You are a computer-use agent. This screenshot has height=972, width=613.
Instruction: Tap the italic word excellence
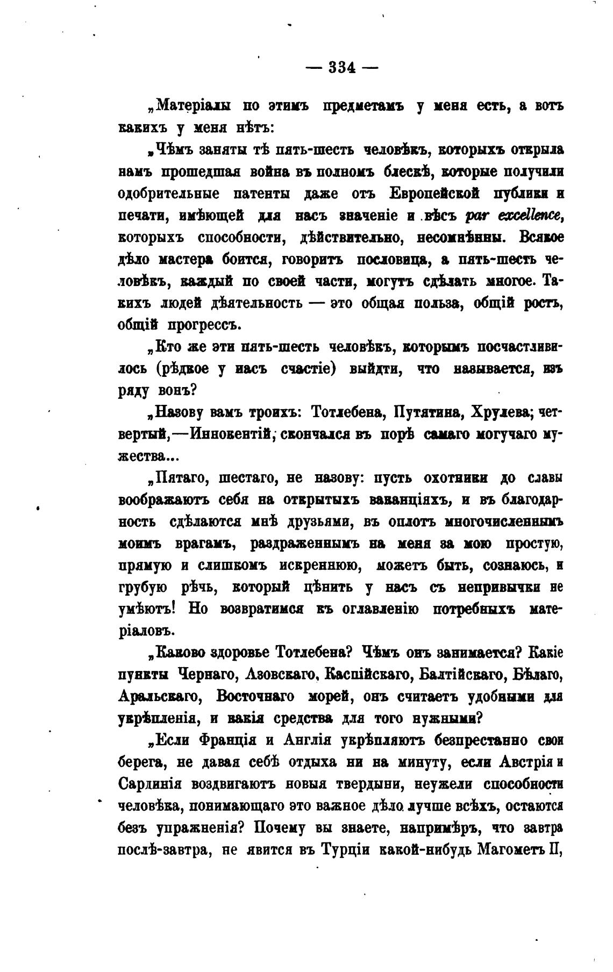pyautogui.click(x=530, y=216)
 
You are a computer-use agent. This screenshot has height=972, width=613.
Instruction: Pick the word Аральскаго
pyautogui.click(x=160, y=696)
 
